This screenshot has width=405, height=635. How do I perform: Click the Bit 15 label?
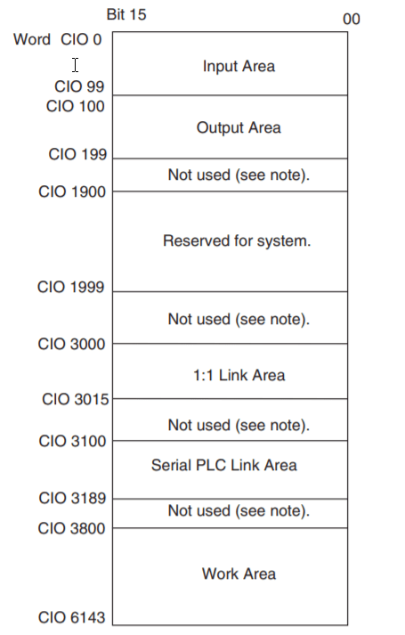tap(126, 14)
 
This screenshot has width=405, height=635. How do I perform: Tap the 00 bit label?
tap(352, 19)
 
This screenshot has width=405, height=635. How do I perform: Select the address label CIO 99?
tap(79, 86)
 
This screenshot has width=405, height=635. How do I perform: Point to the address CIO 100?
tap(76, 106)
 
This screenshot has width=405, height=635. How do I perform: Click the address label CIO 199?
tap(77, 154)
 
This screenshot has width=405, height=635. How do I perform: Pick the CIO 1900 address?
tap(72, 191)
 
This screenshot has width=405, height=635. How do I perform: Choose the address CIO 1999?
tap(71, 287)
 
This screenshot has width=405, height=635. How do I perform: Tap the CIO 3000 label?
tap(71, 344)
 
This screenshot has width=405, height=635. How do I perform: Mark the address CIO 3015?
tap(76, 399)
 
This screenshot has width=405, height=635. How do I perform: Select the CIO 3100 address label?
tap(72, 441)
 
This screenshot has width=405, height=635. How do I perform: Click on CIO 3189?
tap(72, 498)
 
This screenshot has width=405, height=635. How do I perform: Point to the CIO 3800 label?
tap(71, 528)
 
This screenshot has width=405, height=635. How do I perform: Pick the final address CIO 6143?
tap(71, 617)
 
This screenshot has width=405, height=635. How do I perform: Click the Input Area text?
tap(239, 66)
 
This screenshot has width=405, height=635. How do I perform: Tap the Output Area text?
tap(239, 127)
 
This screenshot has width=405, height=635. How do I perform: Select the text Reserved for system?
tap(237, 241)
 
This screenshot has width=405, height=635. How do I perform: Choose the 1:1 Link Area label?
tap(239, 375)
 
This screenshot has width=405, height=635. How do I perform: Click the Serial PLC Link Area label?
tap(224, 465)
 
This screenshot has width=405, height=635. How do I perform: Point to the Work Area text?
tap(239, 574)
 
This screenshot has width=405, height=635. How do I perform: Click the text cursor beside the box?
tap(76, 65)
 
